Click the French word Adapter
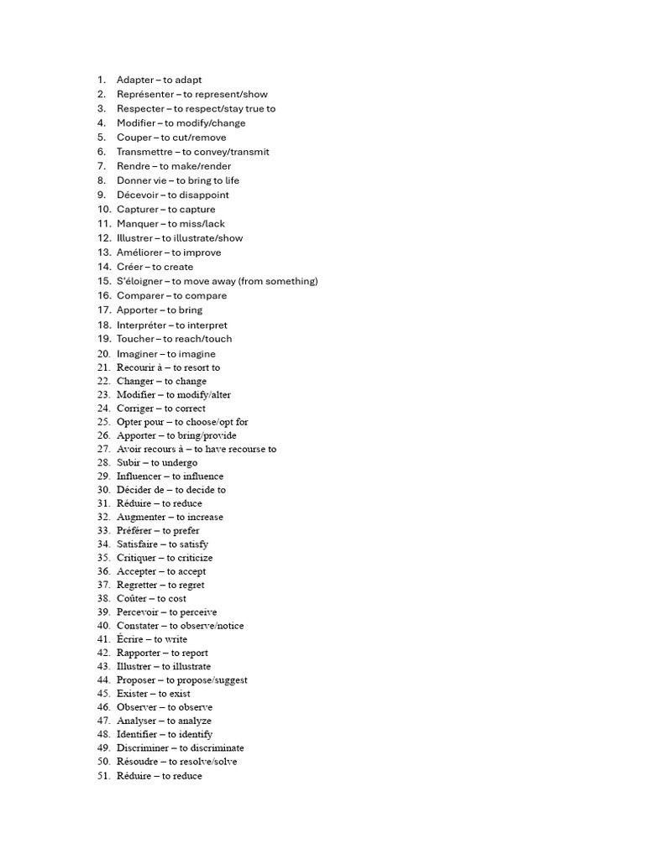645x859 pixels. tap(134, 80)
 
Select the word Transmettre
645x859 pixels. tap(146, 152)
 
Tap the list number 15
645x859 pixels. tap(104, 281)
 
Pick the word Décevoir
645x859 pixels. tap(137, 195)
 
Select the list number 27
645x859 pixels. tap(104, 449)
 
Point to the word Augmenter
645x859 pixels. tap(140, 517)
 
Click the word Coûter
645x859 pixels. tap(131, 598)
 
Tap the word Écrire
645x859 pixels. tap(129, 639)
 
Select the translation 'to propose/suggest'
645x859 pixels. tap(207, 679)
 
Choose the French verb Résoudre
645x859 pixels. tap(137, 762)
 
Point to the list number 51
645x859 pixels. tap(104, 776)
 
